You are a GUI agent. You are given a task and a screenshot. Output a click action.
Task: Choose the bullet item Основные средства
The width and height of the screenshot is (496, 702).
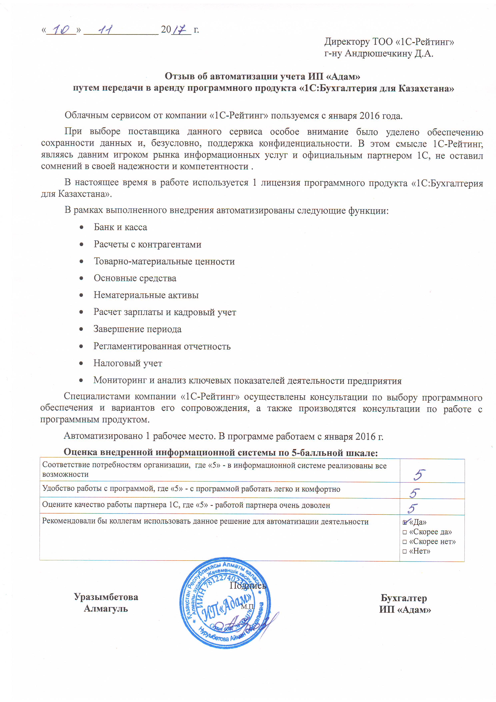135,278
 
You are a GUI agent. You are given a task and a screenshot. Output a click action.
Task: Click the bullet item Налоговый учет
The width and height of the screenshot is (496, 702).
128,363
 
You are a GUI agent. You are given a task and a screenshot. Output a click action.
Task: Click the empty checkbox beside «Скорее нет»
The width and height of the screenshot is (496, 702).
405,542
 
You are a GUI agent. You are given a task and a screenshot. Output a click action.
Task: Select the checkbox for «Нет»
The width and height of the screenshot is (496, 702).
405,552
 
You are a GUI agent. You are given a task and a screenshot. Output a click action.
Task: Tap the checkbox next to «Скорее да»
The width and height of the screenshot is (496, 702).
405,532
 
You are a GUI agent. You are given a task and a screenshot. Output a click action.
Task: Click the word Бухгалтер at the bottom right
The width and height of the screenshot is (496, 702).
404,598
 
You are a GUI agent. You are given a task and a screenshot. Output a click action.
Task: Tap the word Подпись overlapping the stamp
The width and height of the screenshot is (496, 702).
248,586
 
